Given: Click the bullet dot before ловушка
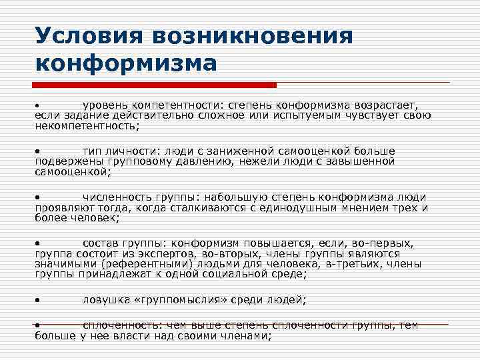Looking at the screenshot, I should click(x=39, y=301).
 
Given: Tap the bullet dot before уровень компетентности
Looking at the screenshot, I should click(x=39, y=106).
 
